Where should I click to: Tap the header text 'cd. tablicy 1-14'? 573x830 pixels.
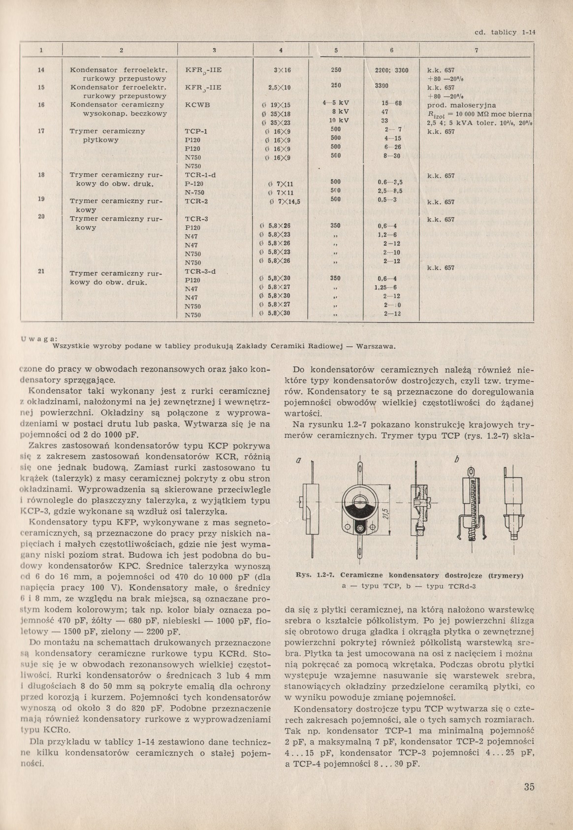(x=504, y=32)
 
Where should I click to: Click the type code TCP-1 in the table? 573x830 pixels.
(x=196, y=131)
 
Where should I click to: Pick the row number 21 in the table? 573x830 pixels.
(x=42, y=271)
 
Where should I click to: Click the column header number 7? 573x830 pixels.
(x=476, y=50)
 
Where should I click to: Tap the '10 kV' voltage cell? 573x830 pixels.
(x=339, y=120)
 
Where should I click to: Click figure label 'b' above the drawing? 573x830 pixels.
(x=456, y=460)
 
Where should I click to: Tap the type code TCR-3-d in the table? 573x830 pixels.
(x=200, y=271)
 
